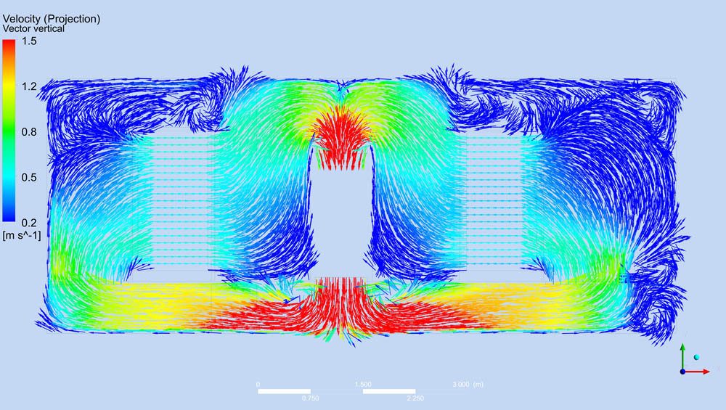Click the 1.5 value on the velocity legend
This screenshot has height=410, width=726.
(x=29, y=41)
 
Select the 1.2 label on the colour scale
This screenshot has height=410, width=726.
(x=29, y=86)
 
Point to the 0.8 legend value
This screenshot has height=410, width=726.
(x=29, y=132)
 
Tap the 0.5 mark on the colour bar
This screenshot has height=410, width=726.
(x=29, y=178)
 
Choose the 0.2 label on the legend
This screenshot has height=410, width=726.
(x=29, y=223)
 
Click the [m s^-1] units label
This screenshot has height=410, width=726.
(x=21, y=236)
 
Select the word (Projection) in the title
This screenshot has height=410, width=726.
(x=75, y=19)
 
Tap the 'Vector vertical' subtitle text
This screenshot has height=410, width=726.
(x=33, y=29)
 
